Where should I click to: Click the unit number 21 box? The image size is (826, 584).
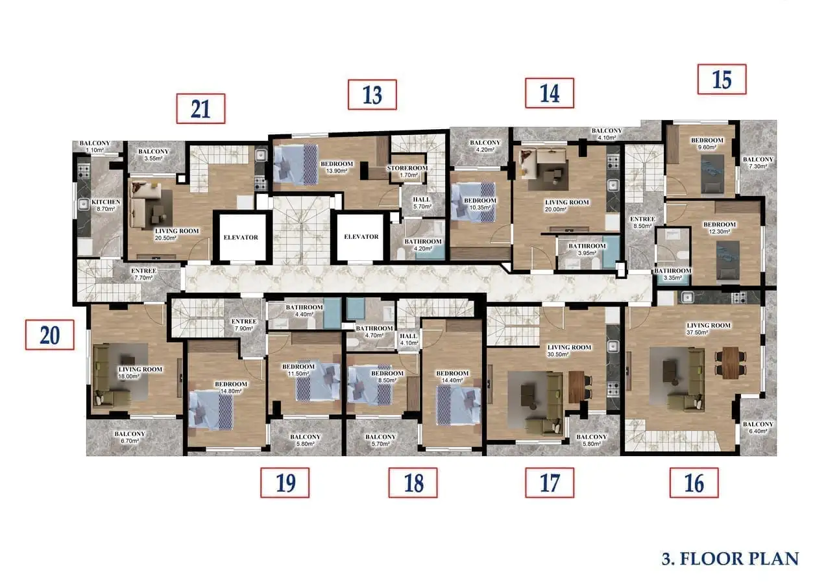[x=200, y=108]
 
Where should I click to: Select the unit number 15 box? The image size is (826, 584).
[x=722, y=79]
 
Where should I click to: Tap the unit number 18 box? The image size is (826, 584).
[x=413, y=483]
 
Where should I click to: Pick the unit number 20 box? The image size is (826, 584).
[x=50, y=335]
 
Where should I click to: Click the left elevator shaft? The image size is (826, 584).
[x=241, y=237]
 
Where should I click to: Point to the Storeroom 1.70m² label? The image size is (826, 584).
[x=407, y=171]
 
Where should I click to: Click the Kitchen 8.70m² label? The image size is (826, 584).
[x=106, y=205]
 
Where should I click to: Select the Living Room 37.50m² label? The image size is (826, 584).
[x=708, y=329]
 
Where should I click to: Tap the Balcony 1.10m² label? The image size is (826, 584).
[x=95, y=147]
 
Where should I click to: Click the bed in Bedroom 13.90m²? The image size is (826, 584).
[x=295, y=164]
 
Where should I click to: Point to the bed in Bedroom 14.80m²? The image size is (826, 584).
[x=211, y=410]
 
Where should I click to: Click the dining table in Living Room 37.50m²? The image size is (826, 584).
[x=731, y=363]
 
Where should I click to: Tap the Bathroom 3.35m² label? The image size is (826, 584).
[x=673, y=274]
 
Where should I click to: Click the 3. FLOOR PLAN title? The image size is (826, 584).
[x=730, y=559]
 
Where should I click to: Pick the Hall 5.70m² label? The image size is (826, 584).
[x=422, y=202]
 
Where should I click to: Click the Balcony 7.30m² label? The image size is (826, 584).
[x=758, y=163]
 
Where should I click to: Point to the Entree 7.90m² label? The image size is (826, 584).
[x=244, y=324]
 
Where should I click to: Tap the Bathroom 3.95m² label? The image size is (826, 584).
[x=587, y=249]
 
